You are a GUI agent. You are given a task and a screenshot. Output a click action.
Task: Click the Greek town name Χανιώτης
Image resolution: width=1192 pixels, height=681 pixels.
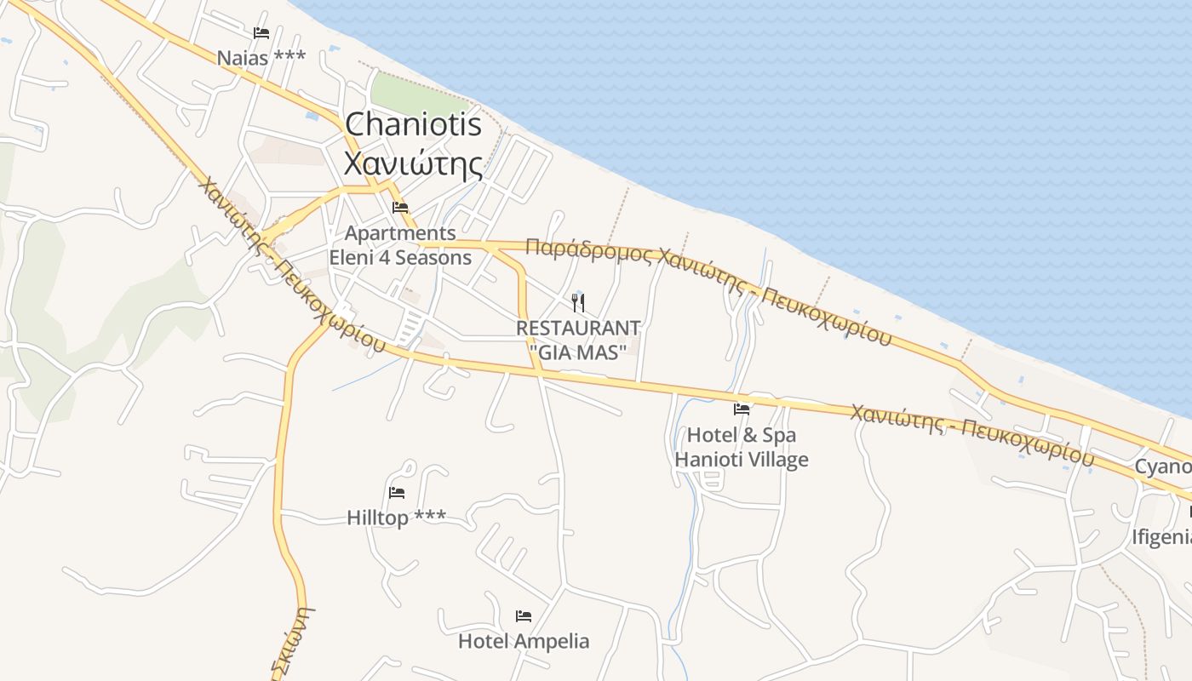click(413, 163)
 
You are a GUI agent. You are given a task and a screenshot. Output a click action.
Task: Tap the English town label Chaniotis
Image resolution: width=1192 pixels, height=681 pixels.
click(413, 125)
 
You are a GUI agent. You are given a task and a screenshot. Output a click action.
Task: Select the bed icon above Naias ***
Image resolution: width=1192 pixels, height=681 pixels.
click(261, 33)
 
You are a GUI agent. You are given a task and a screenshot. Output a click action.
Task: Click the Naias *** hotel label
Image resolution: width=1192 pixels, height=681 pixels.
click(261, 58)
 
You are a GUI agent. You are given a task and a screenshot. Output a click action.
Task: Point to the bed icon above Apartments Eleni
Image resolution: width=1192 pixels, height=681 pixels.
click(400, 207)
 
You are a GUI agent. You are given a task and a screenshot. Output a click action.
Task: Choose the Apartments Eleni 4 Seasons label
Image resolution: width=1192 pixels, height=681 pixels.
click(400, 245)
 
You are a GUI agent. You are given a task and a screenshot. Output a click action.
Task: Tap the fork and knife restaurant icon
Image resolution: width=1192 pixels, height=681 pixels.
click(579, 302)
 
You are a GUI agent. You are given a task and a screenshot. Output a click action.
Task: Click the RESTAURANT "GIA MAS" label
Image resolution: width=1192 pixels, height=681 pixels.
click(578, 339)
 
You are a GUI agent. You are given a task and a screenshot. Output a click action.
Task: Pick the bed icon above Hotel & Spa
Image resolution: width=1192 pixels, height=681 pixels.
click(742, 409)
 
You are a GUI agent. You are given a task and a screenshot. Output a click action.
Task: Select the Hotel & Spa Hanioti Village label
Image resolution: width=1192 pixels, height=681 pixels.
click(742, 448)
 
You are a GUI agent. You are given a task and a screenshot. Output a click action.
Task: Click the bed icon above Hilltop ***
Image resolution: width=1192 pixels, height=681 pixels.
click(397, 492)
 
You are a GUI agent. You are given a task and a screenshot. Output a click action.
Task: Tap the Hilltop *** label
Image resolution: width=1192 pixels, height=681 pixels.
click(396, 518)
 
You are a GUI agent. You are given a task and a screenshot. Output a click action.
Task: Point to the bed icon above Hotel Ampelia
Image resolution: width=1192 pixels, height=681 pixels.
click(524, 616)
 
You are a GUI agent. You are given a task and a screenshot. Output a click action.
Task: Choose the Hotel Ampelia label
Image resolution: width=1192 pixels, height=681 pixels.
click(524, 641)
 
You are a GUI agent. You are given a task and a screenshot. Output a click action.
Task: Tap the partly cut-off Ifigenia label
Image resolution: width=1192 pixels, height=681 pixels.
click(1161, 537)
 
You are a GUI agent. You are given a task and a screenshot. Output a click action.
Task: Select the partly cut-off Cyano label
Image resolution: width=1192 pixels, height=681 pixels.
click(1163, 466)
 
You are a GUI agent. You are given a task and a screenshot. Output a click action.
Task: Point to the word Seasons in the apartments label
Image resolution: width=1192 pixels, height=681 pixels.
click(433, 257)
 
